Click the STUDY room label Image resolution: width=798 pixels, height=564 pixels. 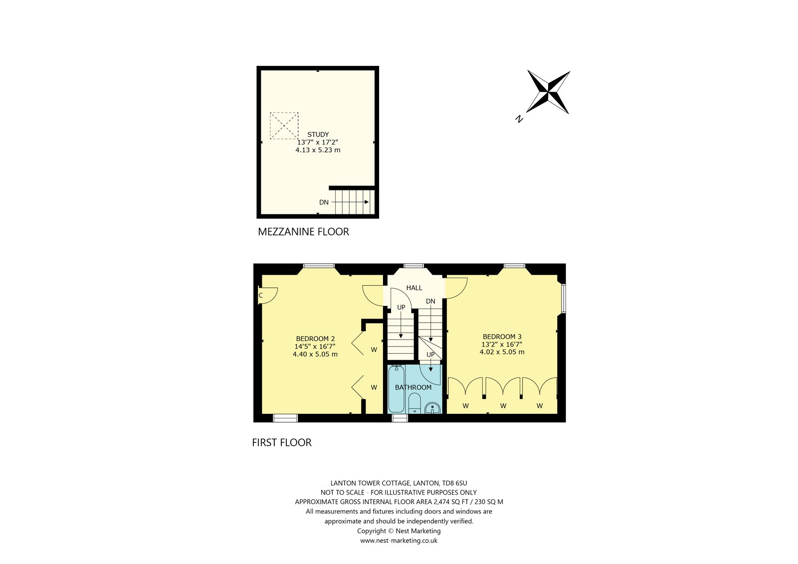point(318,134)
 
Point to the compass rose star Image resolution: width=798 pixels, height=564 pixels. point(548,92)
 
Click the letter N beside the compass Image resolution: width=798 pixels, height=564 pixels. point(519,119)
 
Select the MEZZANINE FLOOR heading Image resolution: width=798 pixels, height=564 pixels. point(303,231)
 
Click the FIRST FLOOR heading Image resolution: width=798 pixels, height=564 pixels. point(281,442)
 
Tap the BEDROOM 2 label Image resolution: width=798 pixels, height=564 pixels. point(315,339)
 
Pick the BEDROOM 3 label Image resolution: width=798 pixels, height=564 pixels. point(502,336)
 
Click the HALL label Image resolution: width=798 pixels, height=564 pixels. point(414,288)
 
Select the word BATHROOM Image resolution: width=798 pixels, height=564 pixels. point(413,387)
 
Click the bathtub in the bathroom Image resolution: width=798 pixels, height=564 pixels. point(396,389)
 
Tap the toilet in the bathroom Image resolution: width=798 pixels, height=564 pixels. point(414,403)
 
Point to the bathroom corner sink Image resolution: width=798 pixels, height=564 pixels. point(432,408)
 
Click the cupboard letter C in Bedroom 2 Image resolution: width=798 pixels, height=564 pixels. point(261,295)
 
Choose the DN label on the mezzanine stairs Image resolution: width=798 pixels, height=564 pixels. point(324,202)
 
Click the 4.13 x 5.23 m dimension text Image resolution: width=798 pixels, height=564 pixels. point(318,150)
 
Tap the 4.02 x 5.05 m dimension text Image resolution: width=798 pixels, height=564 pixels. point(502,352)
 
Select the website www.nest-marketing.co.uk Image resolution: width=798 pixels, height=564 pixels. point(399,541)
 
